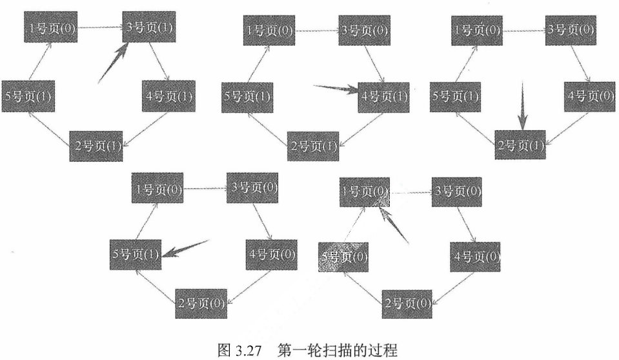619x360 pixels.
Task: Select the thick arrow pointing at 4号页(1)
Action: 336,89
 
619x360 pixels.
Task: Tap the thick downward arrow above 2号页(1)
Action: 523,107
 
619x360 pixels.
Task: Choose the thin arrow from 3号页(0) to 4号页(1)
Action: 376,65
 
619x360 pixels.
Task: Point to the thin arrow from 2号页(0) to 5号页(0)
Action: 361,286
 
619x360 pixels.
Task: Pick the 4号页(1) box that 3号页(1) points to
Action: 168,97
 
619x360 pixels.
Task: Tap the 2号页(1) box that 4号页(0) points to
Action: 520,145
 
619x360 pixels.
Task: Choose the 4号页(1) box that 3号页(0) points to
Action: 383,97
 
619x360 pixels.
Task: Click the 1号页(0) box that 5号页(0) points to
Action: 365,192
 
